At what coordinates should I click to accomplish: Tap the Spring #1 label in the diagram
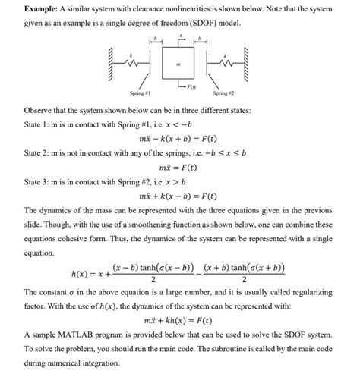pyautogui.click(x=141, y=93)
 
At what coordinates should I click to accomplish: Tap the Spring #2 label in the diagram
pyautogui.click(x=222, y=93)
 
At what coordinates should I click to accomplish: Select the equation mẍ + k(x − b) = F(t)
pyautogui.click(x=179, y=196)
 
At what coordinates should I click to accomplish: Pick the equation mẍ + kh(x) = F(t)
pyautogui.click(x=179, y=320)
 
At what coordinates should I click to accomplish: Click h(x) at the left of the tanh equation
pyautogui.click(x=82, y=273)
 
